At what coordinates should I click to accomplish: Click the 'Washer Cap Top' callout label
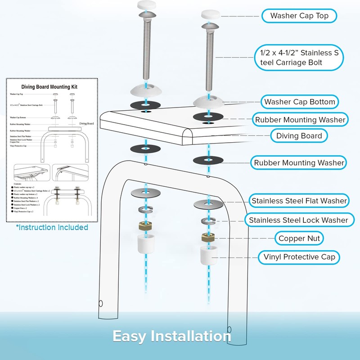click(x=299, y=16)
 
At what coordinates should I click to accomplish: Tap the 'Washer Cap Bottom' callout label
click(x=299, y=102)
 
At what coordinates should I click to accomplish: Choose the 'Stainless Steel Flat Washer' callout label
click(x=299, y=201)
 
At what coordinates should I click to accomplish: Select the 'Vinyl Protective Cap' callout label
click(x=299, y=257)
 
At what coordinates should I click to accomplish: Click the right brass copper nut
click(x=208, y=238)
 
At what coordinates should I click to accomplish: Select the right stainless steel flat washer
click(x=208, y=203)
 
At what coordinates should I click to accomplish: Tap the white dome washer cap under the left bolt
click(x=146, y=90)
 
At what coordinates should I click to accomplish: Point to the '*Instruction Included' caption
click(x=52, y=227)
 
